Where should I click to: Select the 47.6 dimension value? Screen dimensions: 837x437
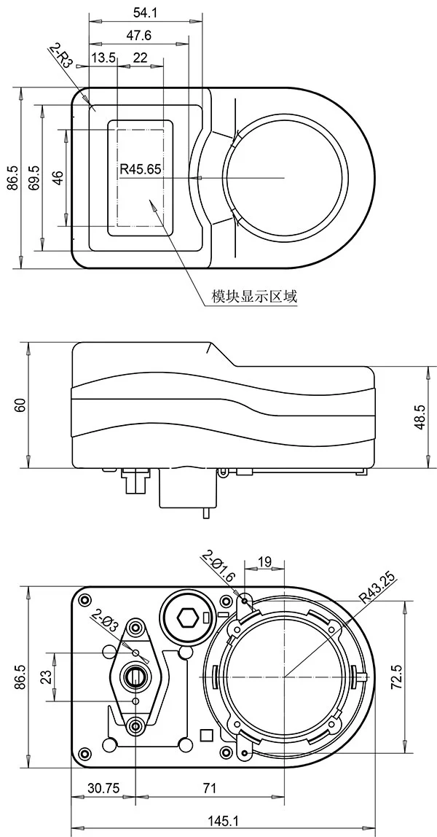point(138,35)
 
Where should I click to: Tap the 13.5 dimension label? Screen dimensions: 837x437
point(103,58)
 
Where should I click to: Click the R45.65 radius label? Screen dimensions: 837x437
point(141,169)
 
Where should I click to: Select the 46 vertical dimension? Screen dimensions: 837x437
point(58,177)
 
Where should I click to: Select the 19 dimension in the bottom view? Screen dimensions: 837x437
point(265,561)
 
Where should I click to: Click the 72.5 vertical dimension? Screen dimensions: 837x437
point(417,677)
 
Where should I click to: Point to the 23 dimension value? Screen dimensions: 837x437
point(42,677)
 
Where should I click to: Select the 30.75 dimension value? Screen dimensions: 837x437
point(103,788)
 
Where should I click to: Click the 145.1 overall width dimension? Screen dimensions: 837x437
point(223,821)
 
